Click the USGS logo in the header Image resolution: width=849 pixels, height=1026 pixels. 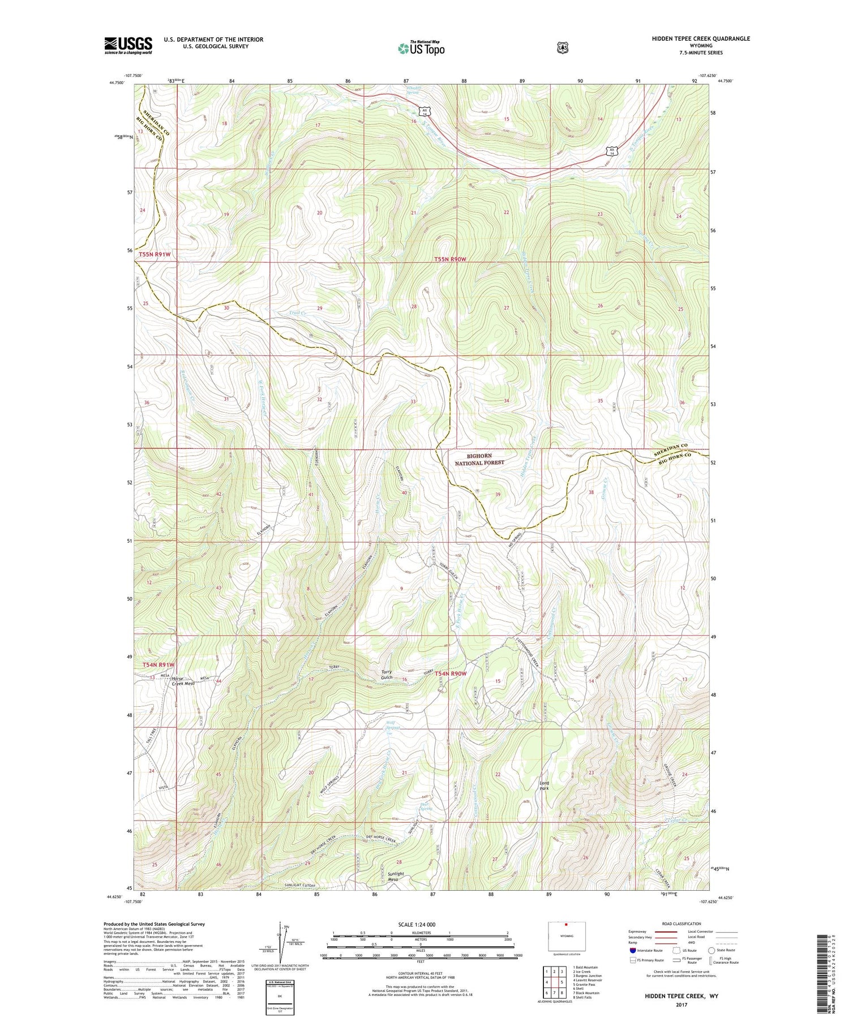point(128,45)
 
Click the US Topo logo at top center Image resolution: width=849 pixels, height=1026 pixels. point(422,48)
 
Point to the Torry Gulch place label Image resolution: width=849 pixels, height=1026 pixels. point(387,675)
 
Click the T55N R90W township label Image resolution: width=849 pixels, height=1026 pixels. point(451,259)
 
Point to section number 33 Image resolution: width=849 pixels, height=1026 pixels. point(413,401)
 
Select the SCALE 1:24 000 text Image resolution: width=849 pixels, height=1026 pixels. point(421,924)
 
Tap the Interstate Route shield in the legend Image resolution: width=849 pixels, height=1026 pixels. point(632,950)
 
